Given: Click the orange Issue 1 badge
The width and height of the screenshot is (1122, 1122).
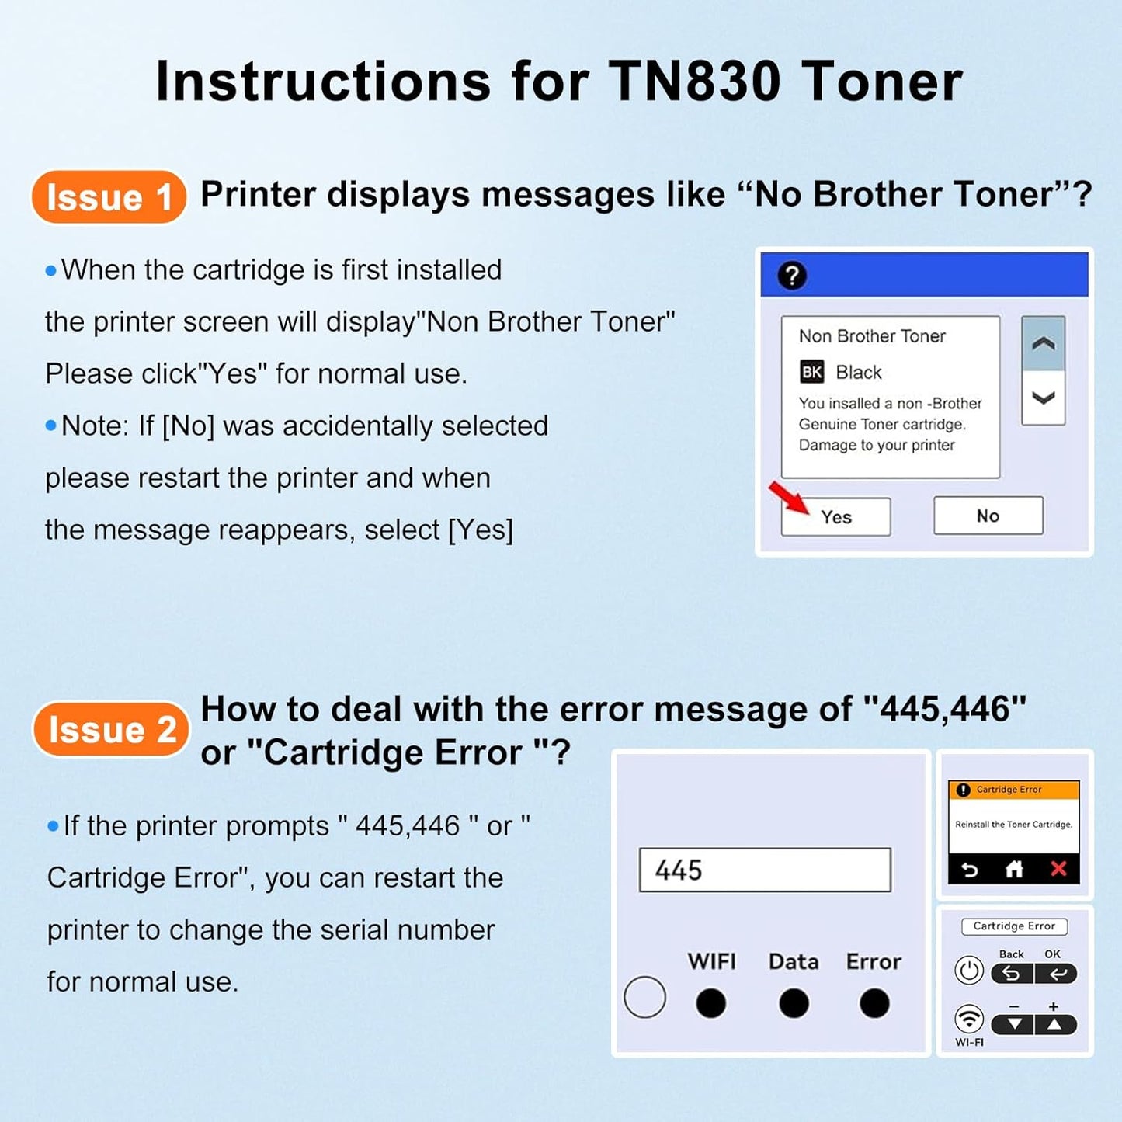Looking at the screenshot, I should point(109,197).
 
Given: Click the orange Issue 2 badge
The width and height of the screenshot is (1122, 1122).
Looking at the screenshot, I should point(111,729).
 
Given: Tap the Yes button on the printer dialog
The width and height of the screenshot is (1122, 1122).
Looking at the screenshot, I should point(835,517).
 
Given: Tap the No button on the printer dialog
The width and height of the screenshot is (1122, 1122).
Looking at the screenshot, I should point(988,516).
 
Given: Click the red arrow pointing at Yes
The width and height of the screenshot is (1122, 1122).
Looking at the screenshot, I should point(788,498).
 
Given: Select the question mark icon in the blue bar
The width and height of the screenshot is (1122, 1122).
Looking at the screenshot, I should point(792,276).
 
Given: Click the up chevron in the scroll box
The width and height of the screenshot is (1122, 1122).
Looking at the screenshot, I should point(1043,343).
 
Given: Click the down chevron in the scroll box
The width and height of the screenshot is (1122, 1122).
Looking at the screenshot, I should point(1043,398).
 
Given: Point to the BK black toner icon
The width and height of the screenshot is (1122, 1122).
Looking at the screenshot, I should point(811,372).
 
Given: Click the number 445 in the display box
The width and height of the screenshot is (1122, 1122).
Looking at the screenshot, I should point(679,870).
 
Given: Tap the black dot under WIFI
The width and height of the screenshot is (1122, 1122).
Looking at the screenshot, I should point(710,1003).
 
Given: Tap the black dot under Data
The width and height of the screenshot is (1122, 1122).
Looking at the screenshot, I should point(793,1003).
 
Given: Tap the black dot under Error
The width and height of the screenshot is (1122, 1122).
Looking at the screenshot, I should point(874,1003).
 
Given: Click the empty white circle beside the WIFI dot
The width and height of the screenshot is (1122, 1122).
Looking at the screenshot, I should point(644,997).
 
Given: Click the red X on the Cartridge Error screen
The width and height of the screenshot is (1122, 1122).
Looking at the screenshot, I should point(1058,869).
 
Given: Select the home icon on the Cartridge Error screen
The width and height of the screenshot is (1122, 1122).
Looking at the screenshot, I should point(1014,869).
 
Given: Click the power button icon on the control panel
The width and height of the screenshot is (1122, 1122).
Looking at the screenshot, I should point(969,971).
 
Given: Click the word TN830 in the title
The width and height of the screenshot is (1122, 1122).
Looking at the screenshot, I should point(694,82).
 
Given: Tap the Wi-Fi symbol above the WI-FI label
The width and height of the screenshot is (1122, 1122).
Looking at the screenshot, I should point(969,1018).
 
